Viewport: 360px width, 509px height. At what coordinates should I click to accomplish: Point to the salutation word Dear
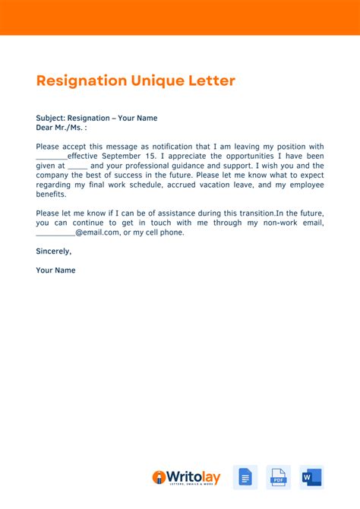pyautogui.click(x=45, y=128)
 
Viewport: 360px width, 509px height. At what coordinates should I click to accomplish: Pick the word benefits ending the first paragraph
pyautogui.click(x=52, y=194)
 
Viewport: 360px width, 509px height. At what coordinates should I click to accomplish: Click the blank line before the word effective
pyautogui.click(x=51, y=157)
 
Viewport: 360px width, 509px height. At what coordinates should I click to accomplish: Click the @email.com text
pyautogui.click(x=98, y=232)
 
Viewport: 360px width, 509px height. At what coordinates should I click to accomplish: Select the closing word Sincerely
pyautogui.click(x=53, y=251)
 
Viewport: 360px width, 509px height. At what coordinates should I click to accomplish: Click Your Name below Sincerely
pyautogui.click(x=55, y=270)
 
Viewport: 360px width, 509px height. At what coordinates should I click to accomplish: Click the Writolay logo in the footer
pyautogui.click(x=187, y=477)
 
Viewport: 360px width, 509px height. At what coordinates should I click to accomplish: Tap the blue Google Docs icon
pyautogui.click(x=245, y=477)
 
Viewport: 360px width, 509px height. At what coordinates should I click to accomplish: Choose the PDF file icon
pyautogui.click(x=279, y=477)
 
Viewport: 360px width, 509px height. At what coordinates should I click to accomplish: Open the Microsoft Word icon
pyautogui.click(x=311, y=477)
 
